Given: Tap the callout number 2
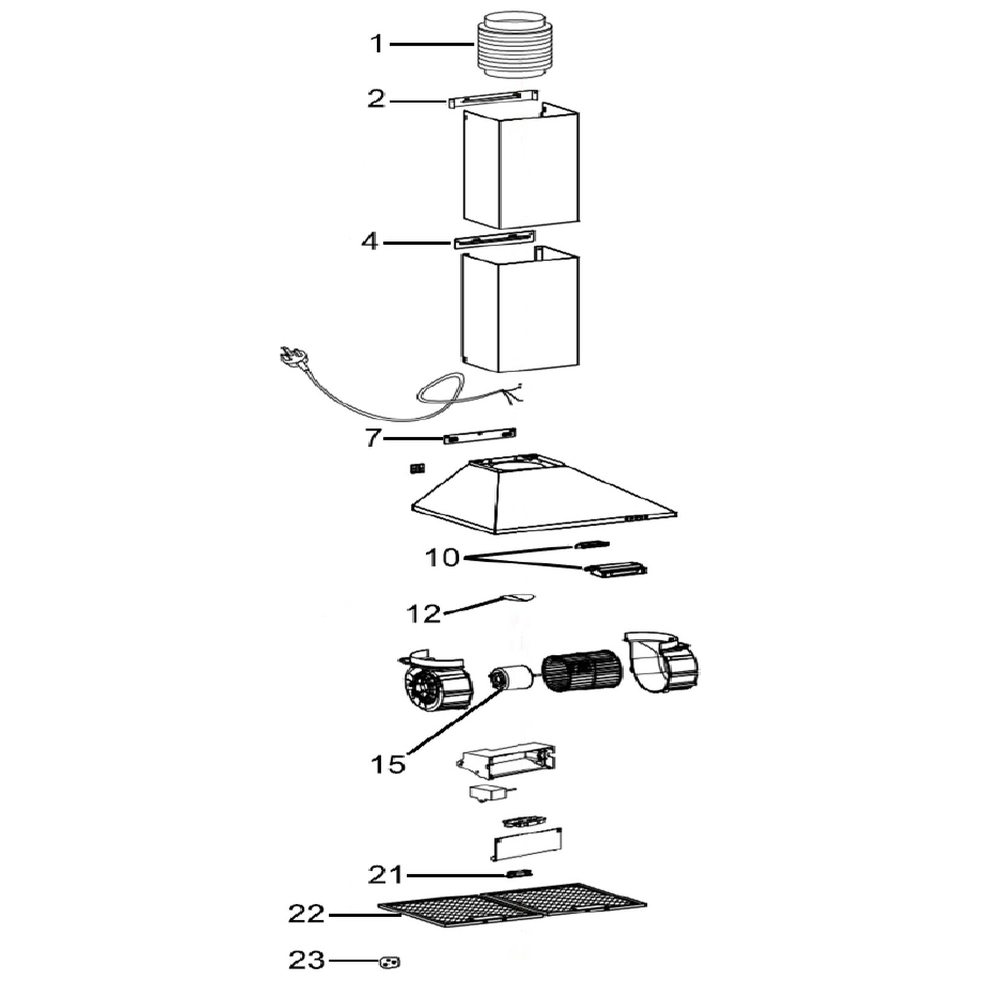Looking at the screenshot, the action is click(x=376, y=99).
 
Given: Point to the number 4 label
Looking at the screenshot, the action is click(x=370, y=241).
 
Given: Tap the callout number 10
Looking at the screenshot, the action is click(x=442, y=558).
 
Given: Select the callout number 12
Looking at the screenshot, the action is click(x=424, y=613).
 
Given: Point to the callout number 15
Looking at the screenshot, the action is click(x=388, y=764).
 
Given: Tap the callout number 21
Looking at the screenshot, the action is click(x=385, y=874).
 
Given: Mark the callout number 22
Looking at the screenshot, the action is click(x=306, y=914).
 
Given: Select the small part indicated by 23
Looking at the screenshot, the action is click(x=390, y=963).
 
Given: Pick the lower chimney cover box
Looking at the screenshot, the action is click(x=520, y=310).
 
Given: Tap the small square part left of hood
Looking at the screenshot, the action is click(x=417, y=468).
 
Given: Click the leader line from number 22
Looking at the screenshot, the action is click(x=365, y=915).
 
